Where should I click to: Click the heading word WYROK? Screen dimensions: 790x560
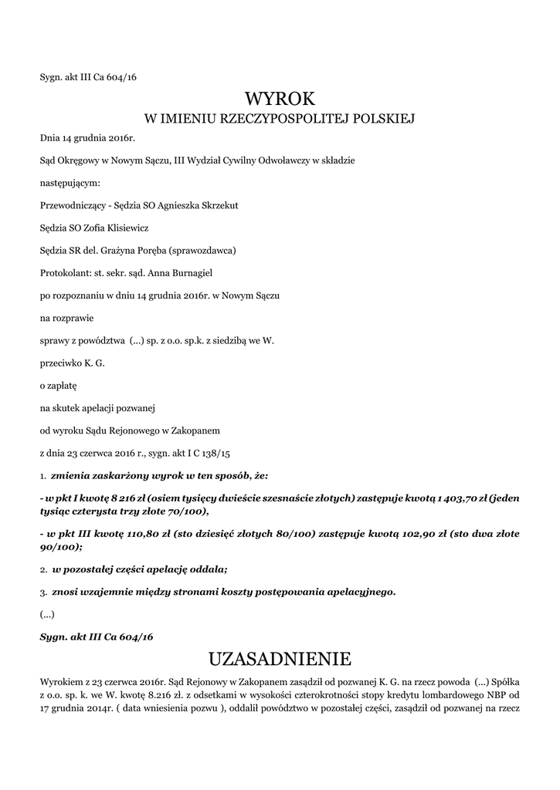(280, 99)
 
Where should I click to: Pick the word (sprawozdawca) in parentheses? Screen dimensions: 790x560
(207, 250)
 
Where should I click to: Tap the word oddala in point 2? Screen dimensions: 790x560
(205, 569)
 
